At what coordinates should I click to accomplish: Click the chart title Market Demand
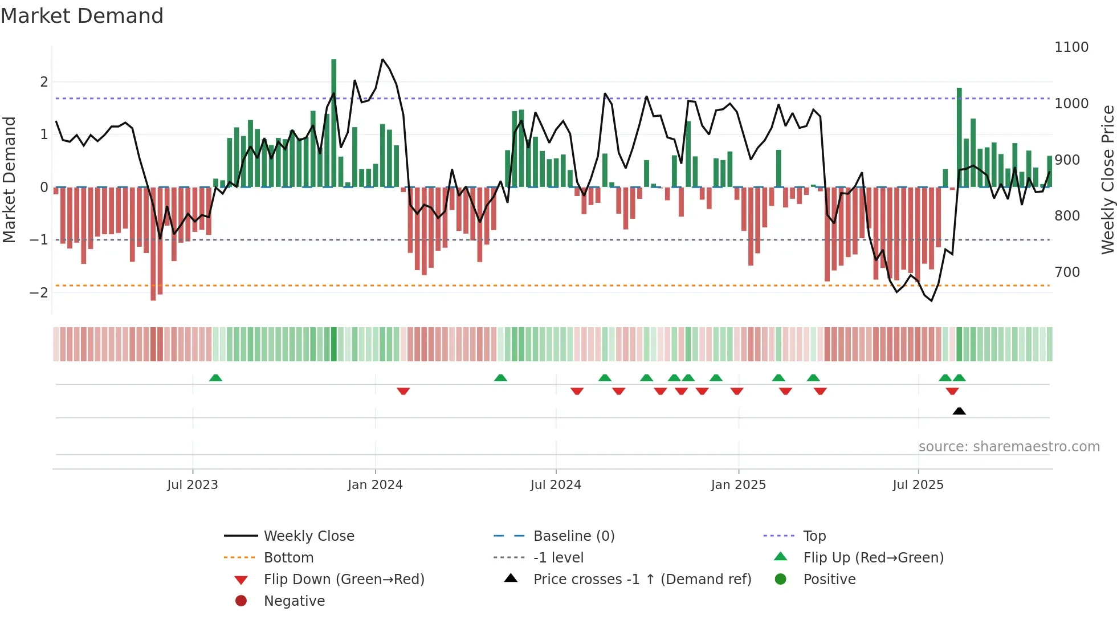click(x=82, y=16)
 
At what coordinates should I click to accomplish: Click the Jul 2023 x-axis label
click(x=192, y=485)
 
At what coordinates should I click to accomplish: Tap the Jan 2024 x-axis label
click(x=375, y=485)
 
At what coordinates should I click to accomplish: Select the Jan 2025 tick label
click(x=738, y=485)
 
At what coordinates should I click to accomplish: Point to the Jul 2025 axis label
click(x=918, y=485)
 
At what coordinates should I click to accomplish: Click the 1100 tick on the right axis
click(x=1071, y=47)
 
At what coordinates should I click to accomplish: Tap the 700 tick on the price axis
click(x=1067, y=272)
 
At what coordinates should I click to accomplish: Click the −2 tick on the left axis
click(x=39, y=293)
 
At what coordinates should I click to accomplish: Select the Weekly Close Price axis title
click(x=1107, y=180)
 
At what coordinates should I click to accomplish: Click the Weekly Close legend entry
click(x=308, y=536)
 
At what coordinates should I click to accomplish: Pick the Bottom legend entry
click(x=288, y=558)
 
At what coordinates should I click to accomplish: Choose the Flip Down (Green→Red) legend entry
click(x=344, y=580)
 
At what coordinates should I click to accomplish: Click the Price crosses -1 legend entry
click(x=642, y=580)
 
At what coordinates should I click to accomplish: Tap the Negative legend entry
click(x=294, y=601)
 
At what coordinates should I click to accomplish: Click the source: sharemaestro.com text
click(x=1009, y=447)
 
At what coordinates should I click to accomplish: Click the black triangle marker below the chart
click(x=959, y=411)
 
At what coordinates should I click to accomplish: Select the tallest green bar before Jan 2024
click(x=334, y=123)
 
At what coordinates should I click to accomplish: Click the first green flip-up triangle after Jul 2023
click(x=215, y=378)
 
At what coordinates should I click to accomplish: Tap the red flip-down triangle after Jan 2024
click(x=403, y=391)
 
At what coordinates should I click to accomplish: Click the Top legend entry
click(x=814, y=536)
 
